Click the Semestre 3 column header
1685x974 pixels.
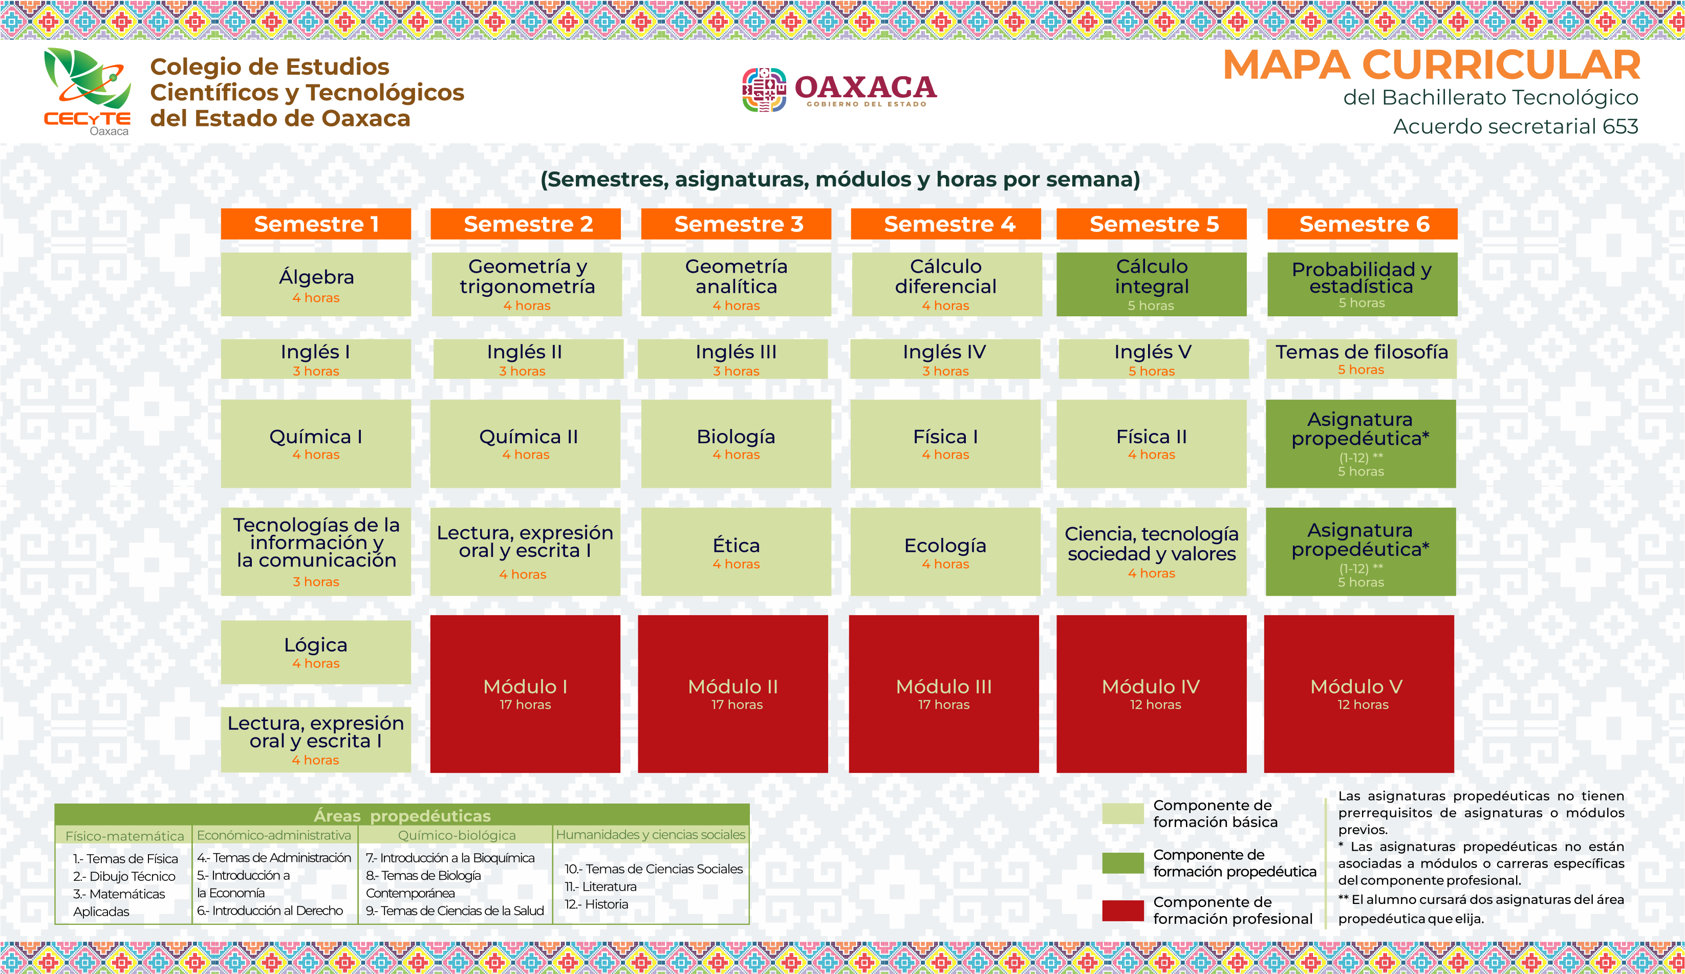tap(736, 224)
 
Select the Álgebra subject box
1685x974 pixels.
tap(316, 284)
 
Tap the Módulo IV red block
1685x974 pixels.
tap(1152, 694)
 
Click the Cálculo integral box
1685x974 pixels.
tap(1152, 284)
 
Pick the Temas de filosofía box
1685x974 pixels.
tap(1362, 359)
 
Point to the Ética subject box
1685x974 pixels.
tap(736, 552)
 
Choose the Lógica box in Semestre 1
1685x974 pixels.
tap(316, 652)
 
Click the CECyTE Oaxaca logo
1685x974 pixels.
tap(87, 92)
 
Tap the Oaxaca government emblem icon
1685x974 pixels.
tap(764, 90)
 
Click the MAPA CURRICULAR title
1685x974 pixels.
tap(1432, 65)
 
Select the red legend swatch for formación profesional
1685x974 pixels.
tap(1122, 911)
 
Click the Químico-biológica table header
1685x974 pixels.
tap(457, 835)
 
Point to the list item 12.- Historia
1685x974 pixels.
tap(596, 904)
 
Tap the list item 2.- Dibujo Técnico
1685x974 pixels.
tap(124, 876)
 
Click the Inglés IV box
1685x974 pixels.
tap(945, 359)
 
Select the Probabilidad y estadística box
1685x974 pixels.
tap(1362, 284)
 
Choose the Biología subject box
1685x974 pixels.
tap(736, 444)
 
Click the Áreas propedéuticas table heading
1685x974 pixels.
tap(402, 815)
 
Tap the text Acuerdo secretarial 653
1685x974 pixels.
tap(1516, 126)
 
